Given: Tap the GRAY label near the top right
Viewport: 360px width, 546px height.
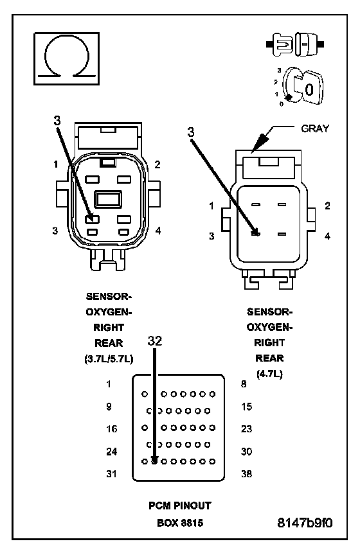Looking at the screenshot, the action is pyautogui.click(x=315, y=128).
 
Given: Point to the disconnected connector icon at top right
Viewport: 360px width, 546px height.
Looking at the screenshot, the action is pyautogui.click(x=295, y=44).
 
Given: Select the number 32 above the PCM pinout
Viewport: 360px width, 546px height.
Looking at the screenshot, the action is pyautogui.click(x=155, y=341).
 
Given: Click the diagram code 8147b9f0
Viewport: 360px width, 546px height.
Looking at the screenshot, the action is pyautogui.click(x=305, y=523).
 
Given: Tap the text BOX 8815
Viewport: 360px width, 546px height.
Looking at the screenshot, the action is pyautogui.click(x=180, y=523).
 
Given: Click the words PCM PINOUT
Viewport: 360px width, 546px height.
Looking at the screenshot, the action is pyautogui.click(x=180, y=506).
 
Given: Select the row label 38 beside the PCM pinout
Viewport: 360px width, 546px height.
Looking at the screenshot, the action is pyautogui.click(x=246, y=473).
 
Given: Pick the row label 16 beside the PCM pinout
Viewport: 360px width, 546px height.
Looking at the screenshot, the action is pyautogui.click(x=111, y=428).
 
